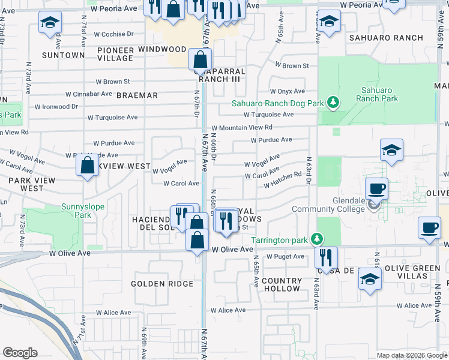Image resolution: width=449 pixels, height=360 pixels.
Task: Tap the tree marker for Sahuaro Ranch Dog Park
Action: (x=333, y=103)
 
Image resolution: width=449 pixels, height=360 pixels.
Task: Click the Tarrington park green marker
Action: (x=320, y=240)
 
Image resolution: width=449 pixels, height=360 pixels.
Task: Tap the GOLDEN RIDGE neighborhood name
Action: (x=162, y=284)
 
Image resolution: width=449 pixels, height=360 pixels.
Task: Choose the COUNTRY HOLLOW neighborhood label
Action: (x=282, y=284)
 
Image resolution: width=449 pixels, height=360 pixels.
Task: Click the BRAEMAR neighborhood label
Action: (x=137, y=95)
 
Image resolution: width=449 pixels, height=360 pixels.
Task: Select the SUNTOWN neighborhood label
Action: (x=63, y=55)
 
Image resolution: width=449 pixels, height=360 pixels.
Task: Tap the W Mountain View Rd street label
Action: (x=242, y=128)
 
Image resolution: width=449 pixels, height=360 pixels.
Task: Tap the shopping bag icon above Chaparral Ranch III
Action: (x=200, y=59)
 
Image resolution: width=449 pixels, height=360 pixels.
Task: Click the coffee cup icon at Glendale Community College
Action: (x=376, y=188)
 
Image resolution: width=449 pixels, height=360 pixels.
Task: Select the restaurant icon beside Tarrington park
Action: (x=325, y=257)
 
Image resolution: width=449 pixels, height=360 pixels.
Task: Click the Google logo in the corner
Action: (x=20, y=353)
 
